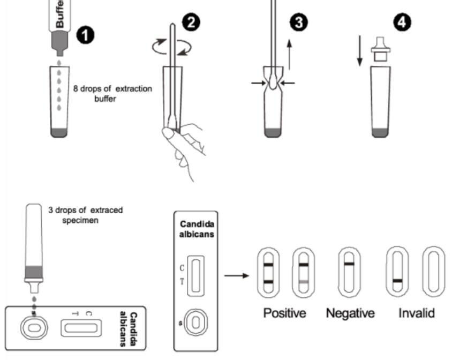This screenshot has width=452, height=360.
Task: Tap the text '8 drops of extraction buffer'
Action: point(112,92)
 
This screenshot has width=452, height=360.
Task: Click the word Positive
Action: point(284,313)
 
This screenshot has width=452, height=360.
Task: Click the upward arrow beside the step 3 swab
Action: point(289,54)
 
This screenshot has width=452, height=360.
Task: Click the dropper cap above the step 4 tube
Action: point(380,47)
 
